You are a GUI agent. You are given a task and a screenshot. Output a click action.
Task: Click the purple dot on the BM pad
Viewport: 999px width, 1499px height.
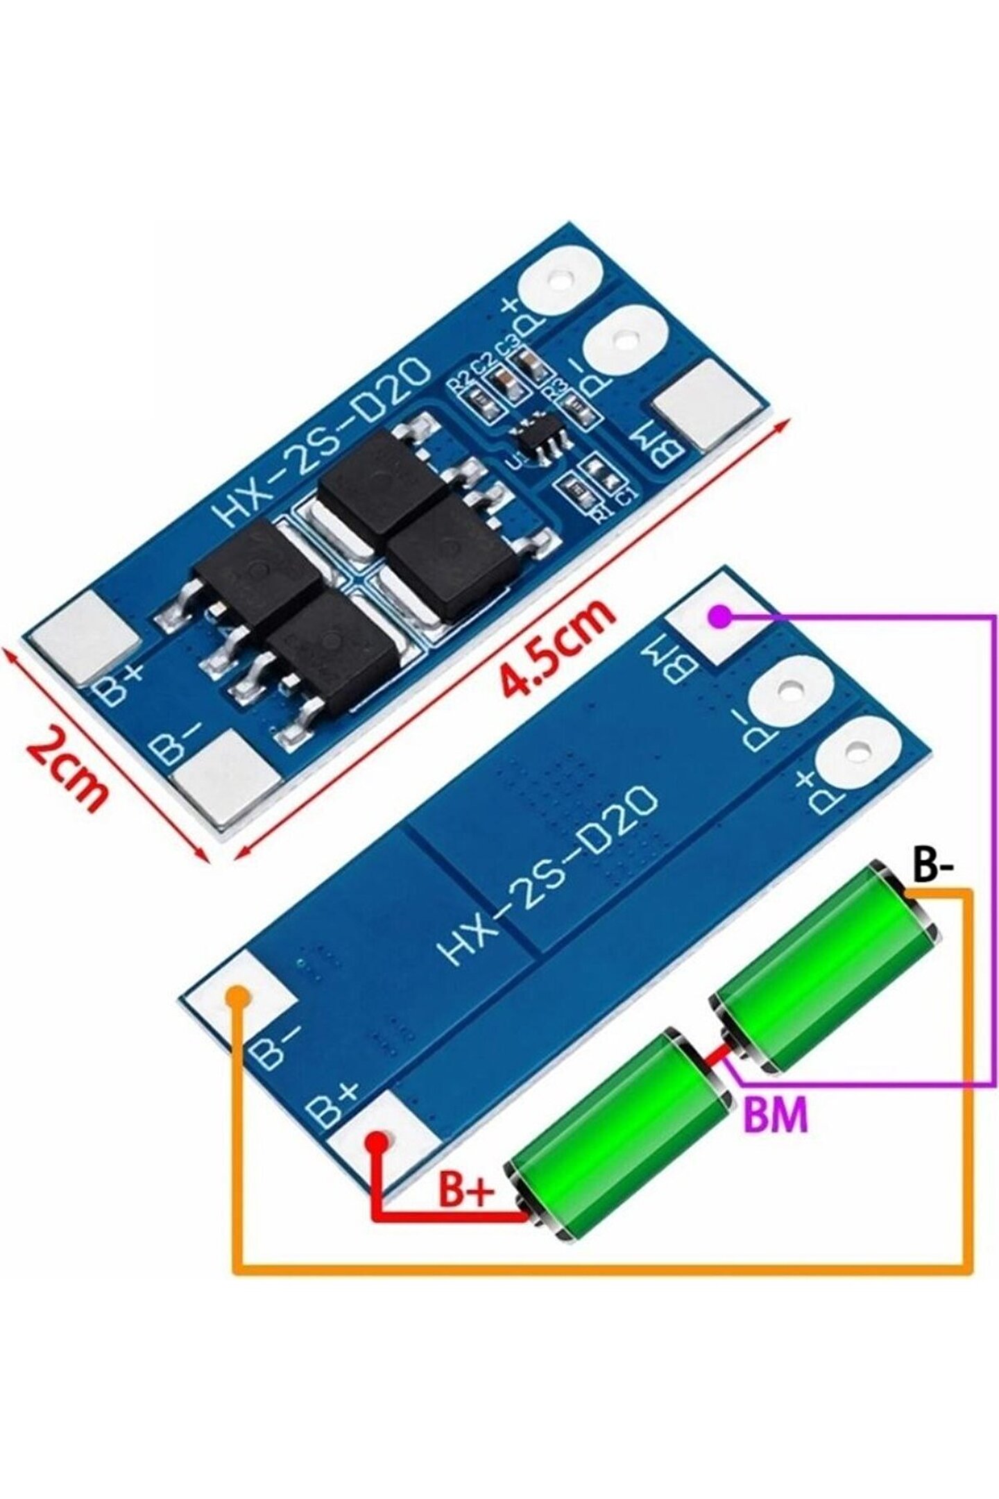(722, 615)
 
